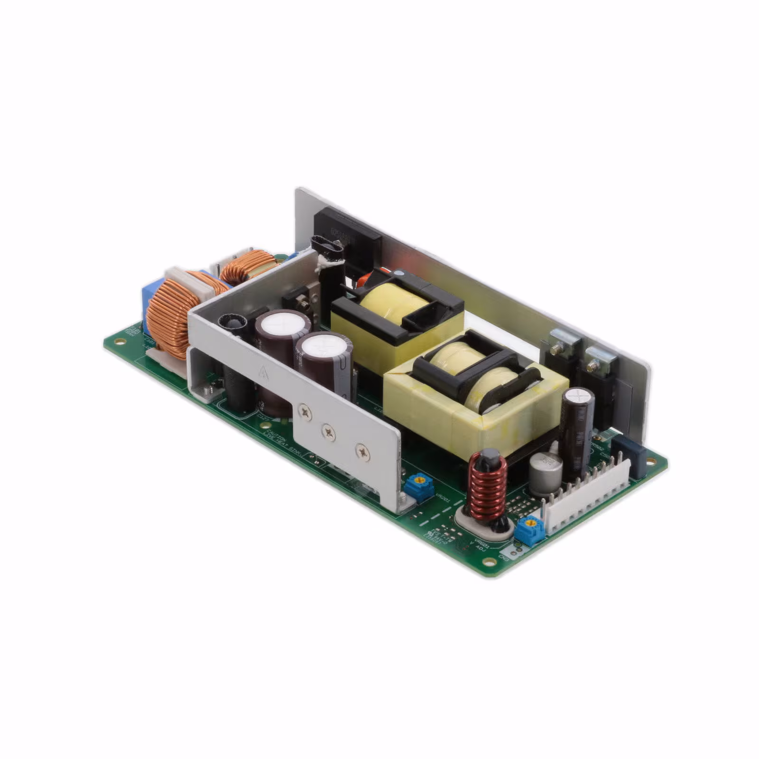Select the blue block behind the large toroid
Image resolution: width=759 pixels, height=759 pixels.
148,304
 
